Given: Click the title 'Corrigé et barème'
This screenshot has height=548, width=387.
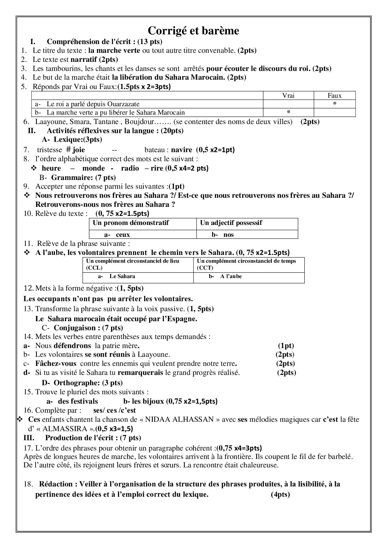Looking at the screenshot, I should [x=193, y=31].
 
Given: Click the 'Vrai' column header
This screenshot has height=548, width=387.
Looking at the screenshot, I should [x=288, y=96].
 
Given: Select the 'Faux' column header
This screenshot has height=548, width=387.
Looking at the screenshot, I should [x=335, y=96].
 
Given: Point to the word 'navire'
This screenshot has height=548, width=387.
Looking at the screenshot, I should [x=182, y=150].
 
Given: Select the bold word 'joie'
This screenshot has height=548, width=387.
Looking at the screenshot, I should [x=79, y=150].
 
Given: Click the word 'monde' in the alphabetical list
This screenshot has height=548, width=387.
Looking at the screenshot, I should [x=93, y=168].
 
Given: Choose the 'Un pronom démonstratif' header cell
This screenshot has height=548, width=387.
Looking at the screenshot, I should [x=131, y=223].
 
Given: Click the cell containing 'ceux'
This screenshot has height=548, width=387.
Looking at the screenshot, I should [x=123, y=235].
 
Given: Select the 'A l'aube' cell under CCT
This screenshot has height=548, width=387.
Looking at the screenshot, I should [x=231, y=276].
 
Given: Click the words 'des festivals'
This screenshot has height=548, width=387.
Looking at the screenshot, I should [x=78, y=401].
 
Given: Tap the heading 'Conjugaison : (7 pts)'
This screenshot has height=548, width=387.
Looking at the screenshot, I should [x=88, y=328].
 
